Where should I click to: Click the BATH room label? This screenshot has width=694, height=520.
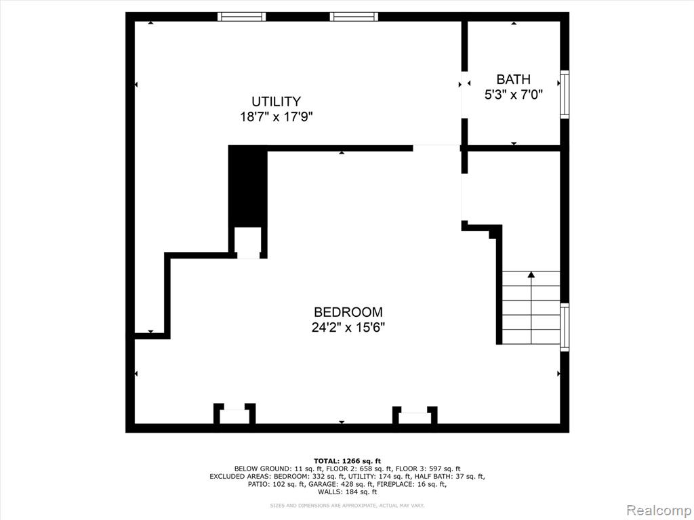(514, 79)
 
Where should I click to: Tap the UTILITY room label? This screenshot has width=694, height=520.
(277, 102)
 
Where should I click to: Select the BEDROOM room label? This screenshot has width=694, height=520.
(348, 312)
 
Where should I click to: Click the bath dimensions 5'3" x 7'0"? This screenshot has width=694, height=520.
(514, 95)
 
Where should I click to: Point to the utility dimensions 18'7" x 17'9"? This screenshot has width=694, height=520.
(277, 117)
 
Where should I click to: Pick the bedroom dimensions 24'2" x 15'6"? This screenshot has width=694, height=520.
(348, 328)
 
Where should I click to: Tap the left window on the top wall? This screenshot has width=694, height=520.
(242, 17)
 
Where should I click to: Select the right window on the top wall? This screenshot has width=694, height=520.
(354, 17)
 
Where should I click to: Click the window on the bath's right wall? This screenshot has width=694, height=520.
(565, 94)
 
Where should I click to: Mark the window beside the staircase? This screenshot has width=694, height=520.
(565, 327)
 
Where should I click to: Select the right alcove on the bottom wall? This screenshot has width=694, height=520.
(415, 416)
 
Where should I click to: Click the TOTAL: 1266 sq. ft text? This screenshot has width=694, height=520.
(348, 461)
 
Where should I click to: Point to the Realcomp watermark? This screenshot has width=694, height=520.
(658, 510)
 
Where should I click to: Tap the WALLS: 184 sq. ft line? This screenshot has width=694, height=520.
(348, 492)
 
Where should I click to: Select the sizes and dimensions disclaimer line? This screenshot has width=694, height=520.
(348, 505)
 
